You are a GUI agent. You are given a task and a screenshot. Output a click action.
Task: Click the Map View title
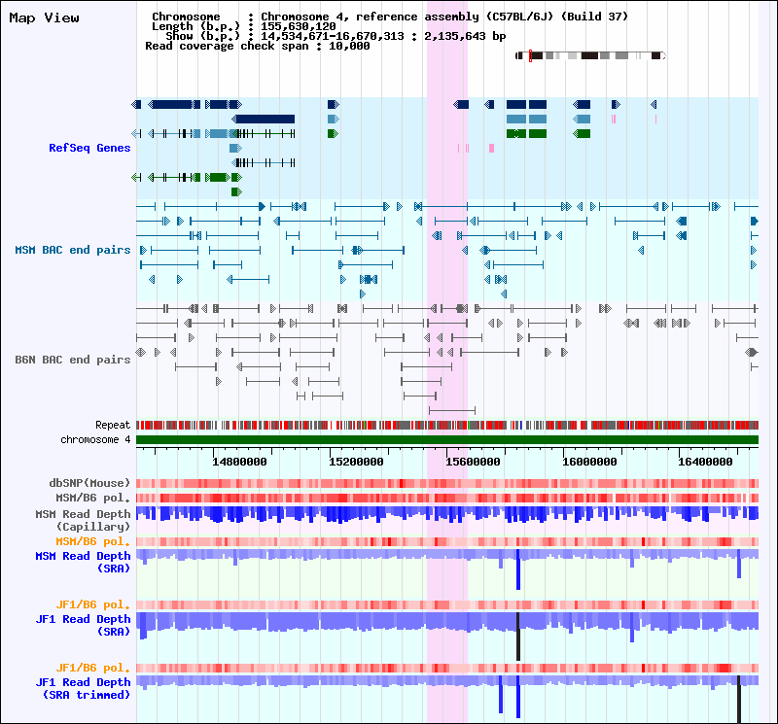(44, 17)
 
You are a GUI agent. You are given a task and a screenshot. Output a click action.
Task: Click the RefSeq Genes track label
(89, 148)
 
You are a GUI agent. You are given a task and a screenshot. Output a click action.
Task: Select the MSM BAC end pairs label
(73, 250)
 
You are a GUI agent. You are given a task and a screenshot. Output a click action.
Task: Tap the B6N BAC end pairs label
(73, 360)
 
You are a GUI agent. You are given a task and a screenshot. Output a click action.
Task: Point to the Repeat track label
(113, 425)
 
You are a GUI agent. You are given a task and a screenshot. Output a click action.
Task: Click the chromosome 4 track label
(95, 439)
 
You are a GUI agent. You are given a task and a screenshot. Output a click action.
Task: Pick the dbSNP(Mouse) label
(89, 483)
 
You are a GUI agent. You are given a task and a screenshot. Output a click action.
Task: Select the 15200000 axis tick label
(359, 462)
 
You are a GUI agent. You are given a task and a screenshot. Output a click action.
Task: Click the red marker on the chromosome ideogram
(530, 55)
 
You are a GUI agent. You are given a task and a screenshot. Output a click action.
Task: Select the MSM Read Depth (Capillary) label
(83, 520)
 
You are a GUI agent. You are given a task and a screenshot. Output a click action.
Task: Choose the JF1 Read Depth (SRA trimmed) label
(83, 689)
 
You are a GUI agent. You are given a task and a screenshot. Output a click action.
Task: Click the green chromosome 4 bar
(447, 440)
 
